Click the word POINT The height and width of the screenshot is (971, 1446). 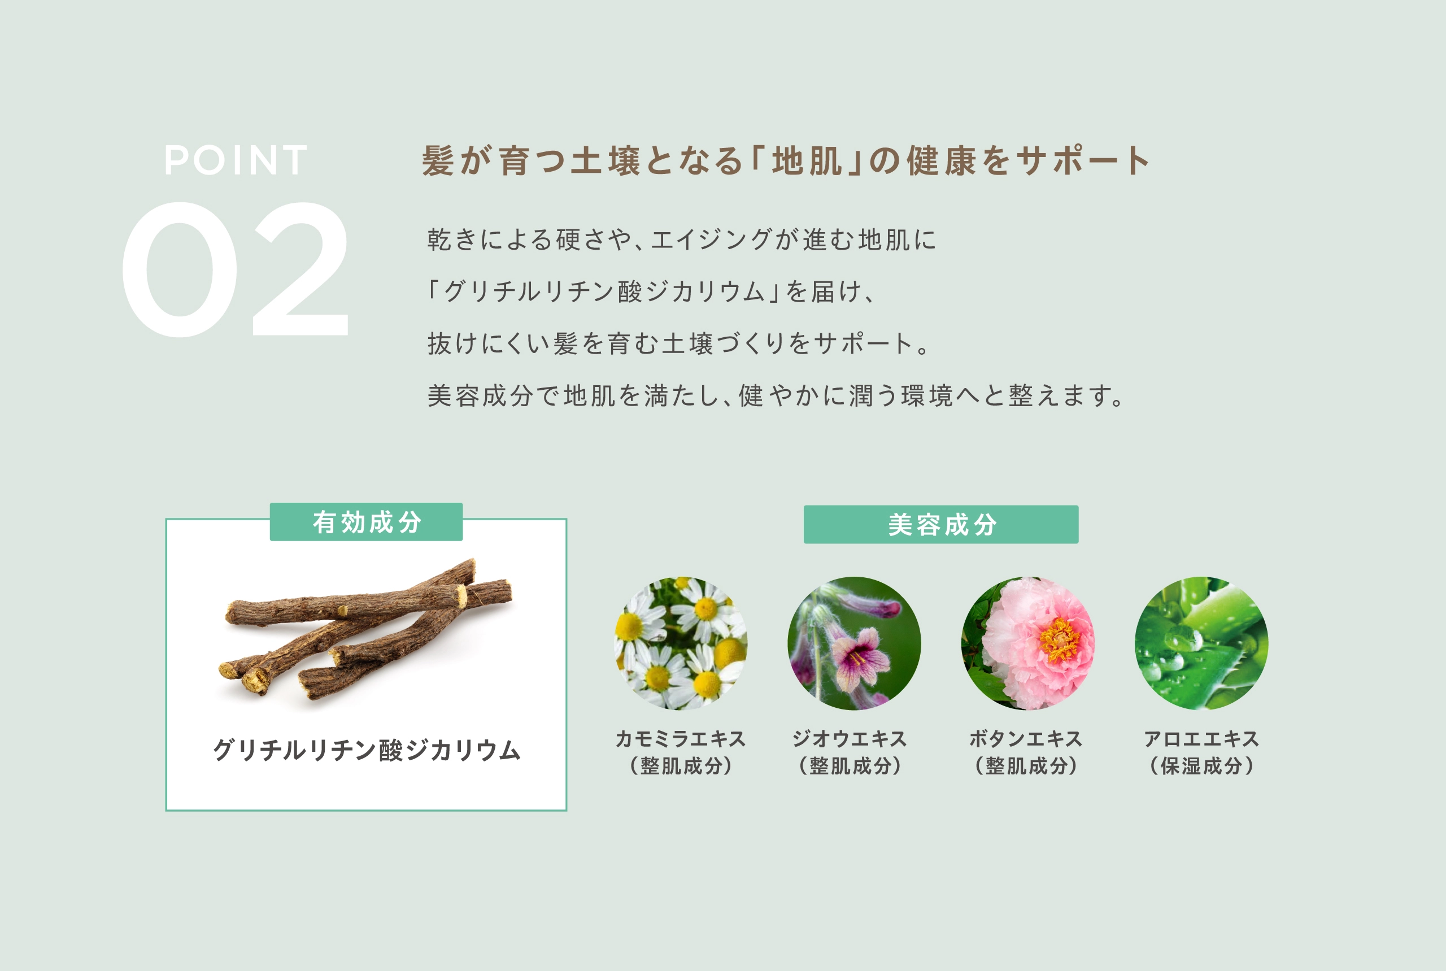pos(236,160)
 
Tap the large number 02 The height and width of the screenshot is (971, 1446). pos(236,269)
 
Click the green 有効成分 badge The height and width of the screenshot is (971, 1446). pos(366,522)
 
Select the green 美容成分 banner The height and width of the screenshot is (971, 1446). pos(940,525)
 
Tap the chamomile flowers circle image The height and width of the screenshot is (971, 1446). pos(681,643)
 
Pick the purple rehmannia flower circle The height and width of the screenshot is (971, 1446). pos(854,643)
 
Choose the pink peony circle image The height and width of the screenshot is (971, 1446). pos(1027,643)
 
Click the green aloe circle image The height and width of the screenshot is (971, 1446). pos(1201,643)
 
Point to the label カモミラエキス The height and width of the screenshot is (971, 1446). pos(681,739)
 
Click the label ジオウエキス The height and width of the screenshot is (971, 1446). pos(850,739)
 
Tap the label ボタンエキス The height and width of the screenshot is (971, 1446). pos(1026,739)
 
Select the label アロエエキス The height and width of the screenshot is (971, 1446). pos(1201,739)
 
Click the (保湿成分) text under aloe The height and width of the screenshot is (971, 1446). pos(1201,766)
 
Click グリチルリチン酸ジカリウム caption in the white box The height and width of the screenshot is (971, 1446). pos(367,750)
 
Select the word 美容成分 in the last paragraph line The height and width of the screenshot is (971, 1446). pos(480,396)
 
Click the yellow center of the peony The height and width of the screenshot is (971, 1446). pos(1060,639)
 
